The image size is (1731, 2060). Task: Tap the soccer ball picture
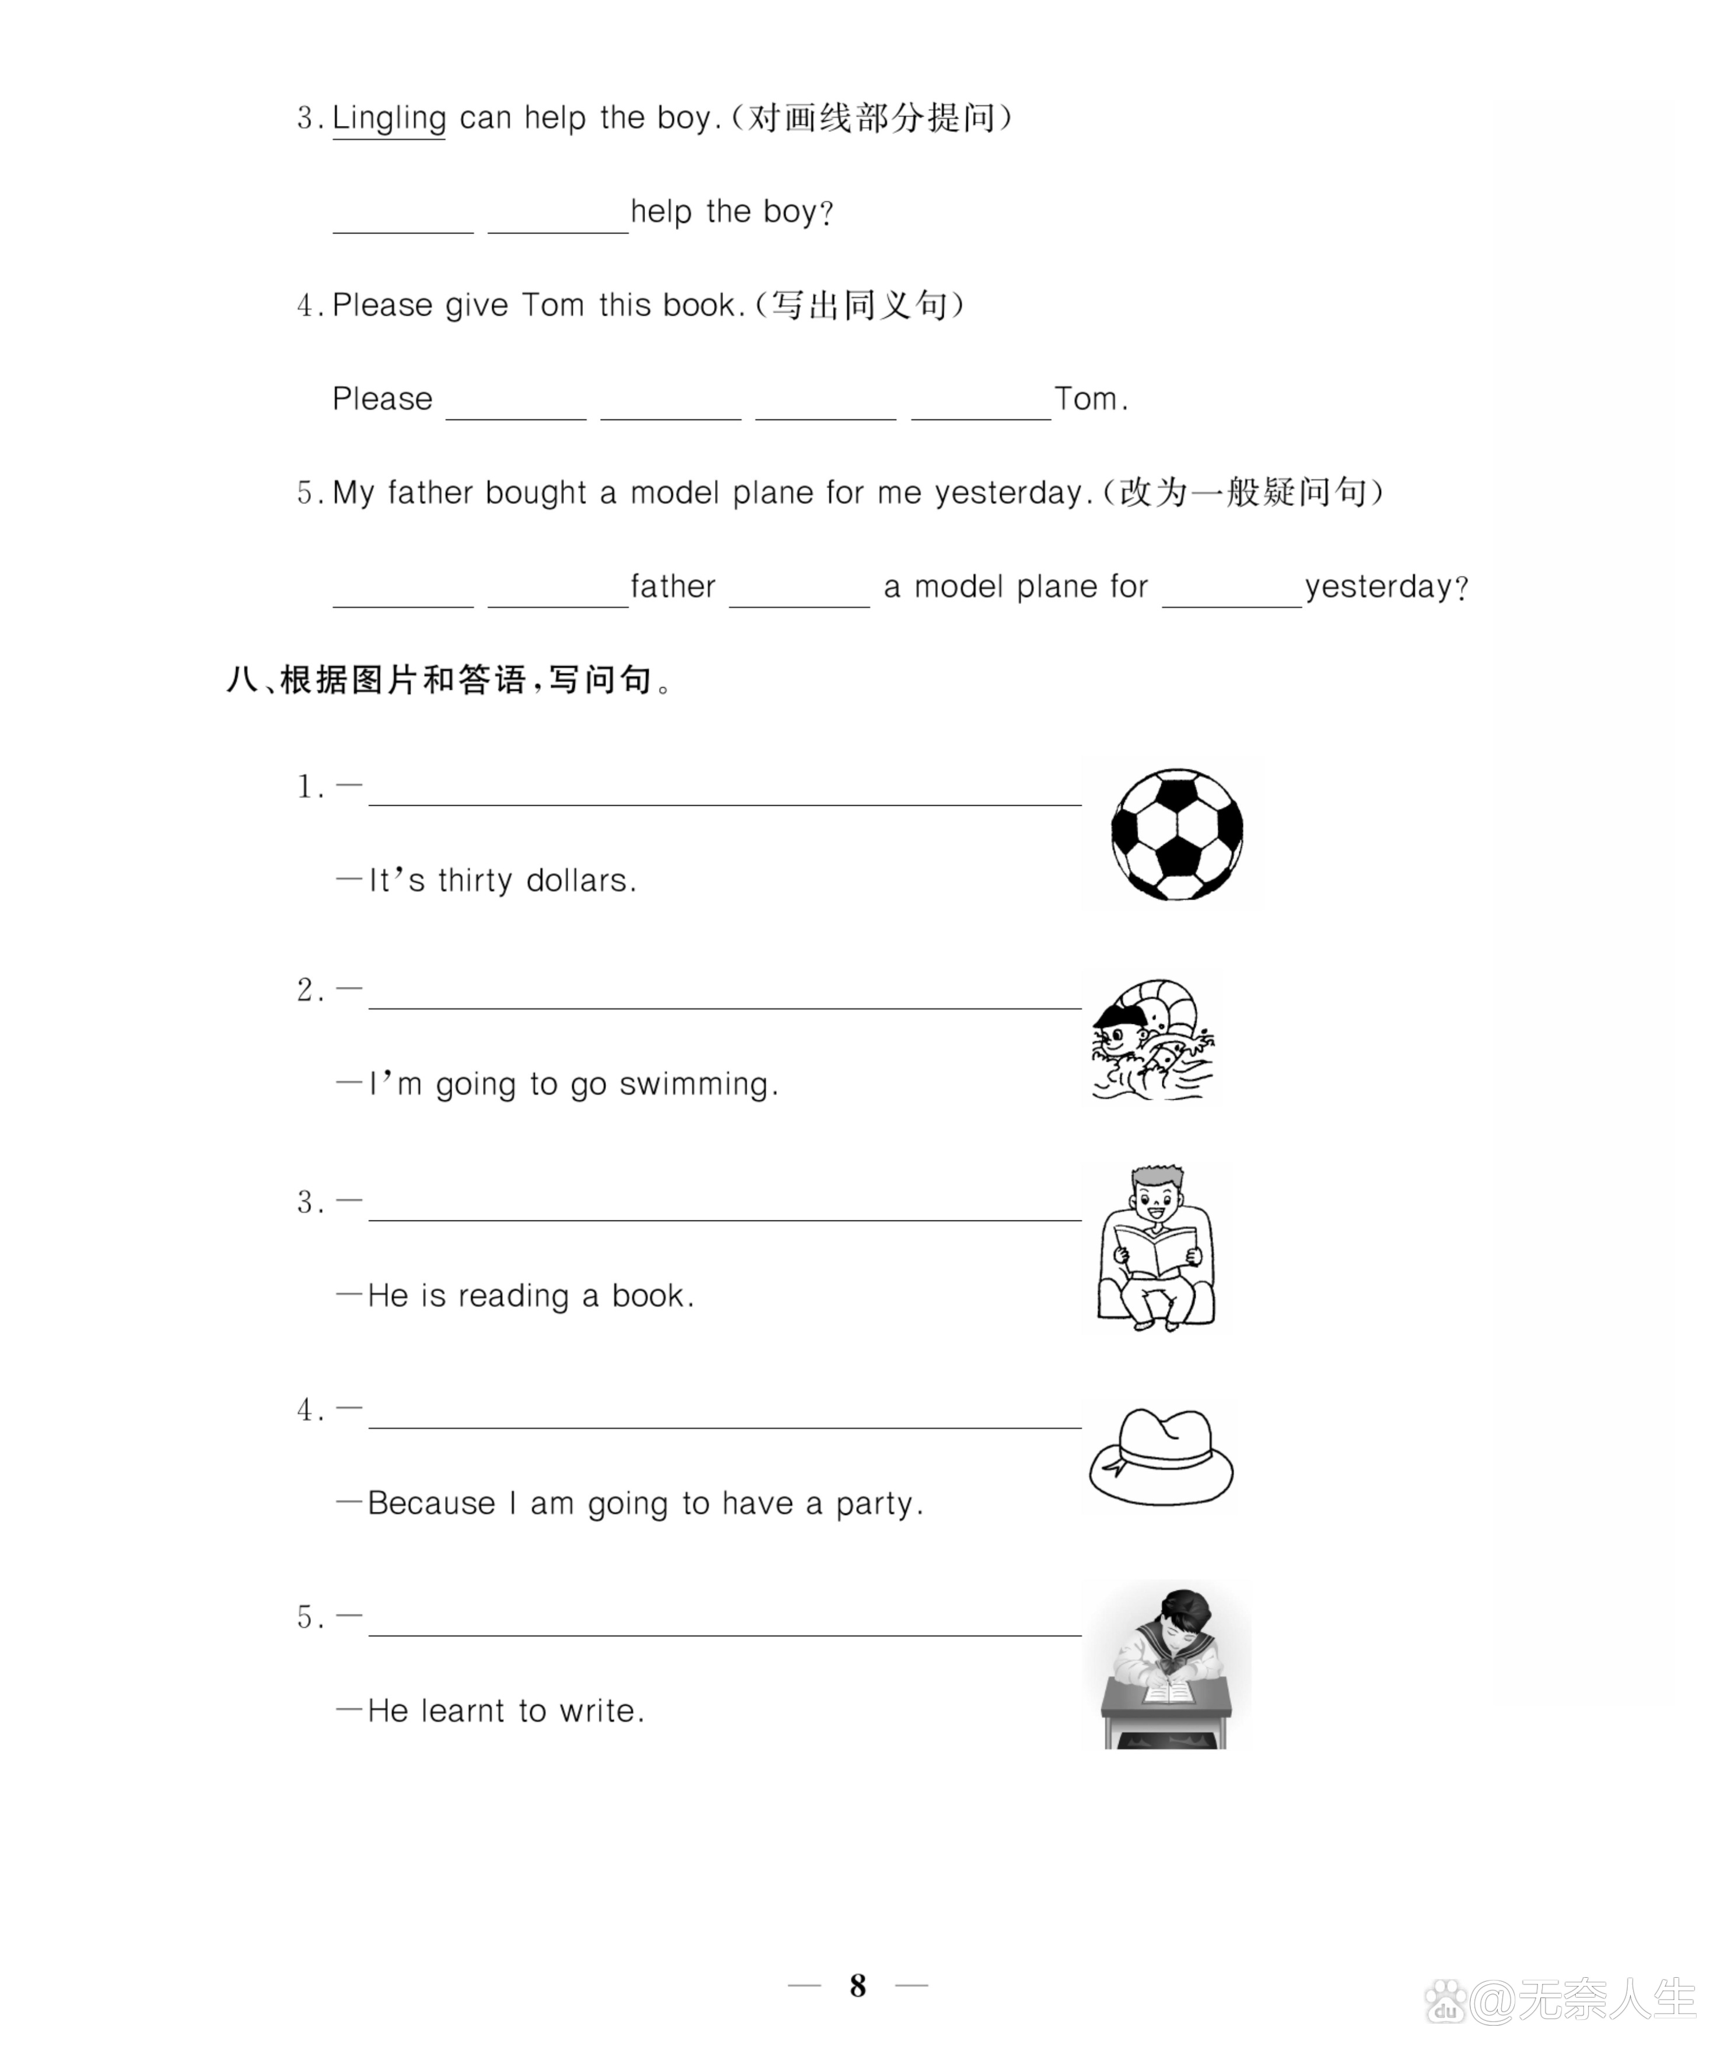click(x=1176, y=835)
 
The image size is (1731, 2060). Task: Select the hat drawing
click(x=1161, y=1456)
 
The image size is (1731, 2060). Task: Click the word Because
click(x=431, y=1503)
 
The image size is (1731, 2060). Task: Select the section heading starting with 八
click(x=450, y=679)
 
